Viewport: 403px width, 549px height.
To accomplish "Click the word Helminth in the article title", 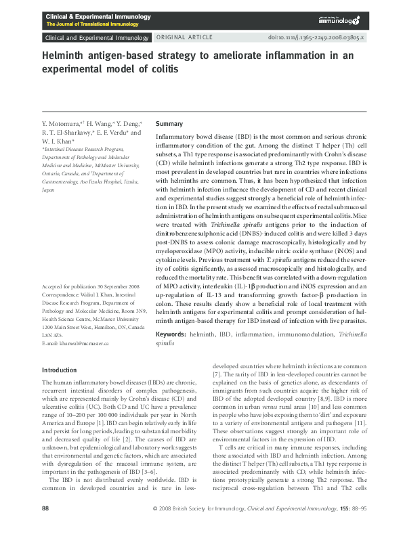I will tap(64, 56).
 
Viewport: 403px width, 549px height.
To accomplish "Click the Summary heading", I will tap(169, 124).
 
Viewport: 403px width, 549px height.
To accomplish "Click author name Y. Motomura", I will tap(61, 124).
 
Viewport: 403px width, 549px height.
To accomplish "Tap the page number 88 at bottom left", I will tap(45, 527).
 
